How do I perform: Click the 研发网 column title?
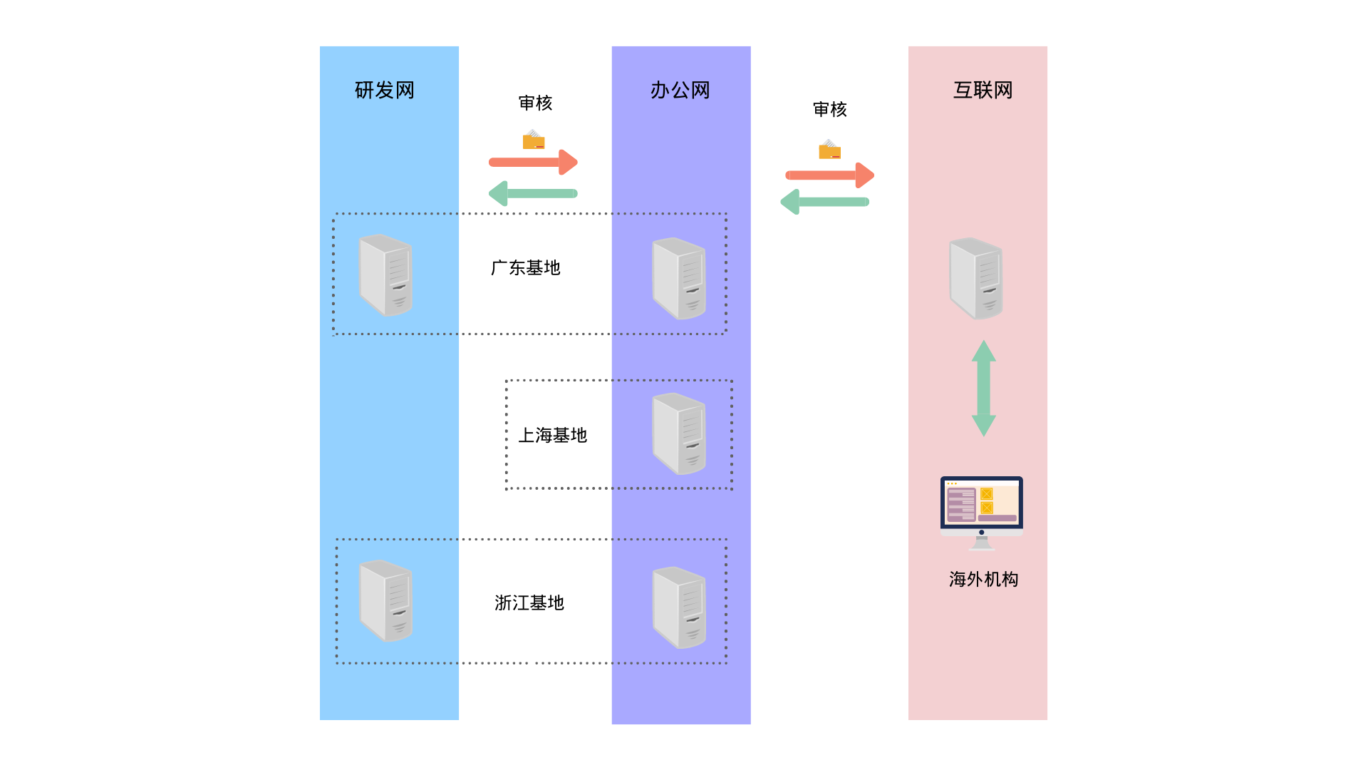385,91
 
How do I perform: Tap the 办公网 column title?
680,91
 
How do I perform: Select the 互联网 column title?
983,91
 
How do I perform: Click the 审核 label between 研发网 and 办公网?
535,103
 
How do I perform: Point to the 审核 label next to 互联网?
830,110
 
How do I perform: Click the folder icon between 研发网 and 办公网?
534,140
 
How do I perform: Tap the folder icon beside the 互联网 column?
829,150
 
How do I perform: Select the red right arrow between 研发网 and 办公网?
533,162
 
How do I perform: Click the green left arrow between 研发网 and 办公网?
533,193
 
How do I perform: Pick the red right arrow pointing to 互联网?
829,175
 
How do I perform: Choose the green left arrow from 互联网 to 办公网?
825,202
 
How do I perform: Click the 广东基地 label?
526,268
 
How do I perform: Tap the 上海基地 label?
553,436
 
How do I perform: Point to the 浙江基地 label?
529,603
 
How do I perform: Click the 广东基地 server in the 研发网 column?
385,275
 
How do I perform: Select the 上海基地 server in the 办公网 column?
679,433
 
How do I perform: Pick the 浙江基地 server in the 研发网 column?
385,600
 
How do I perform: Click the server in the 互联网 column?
976,278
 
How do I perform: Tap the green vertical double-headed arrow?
984,388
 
